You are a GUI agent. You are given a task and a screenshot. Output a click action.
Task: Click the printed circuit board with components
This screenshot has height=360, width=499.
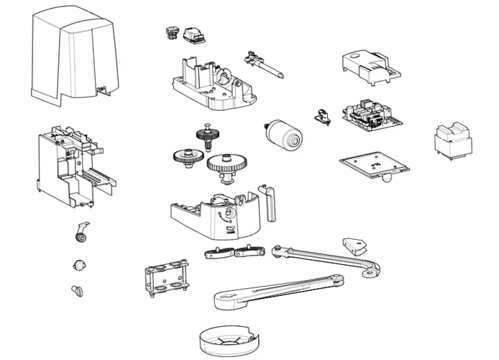point(371,114)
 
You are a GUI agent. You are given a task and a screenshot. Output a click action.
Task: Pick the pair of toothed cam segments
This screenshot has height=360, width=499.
point(234,252)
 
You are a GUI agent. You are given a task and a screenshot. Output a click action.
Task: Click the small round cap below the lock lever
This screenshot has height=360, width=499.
point(78,265)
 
